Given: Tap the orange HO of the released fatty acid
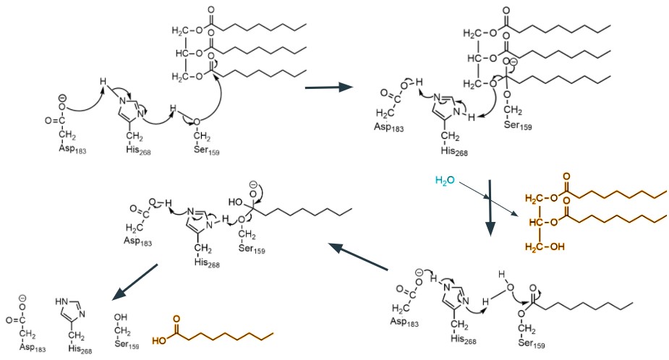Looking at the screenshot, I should point(161,338).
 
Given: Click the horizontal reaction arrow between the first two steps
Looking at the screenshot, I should point(328,88).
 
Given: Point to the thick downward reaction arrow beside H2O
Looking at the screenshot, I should point(490,209).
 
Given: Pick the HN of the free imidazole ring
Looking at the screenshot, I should point(61,300).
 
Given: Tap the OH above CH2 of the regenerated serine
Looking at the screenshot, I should point(121,316).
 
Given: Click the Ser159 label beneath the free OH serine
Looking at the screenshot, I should point(126,344).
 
